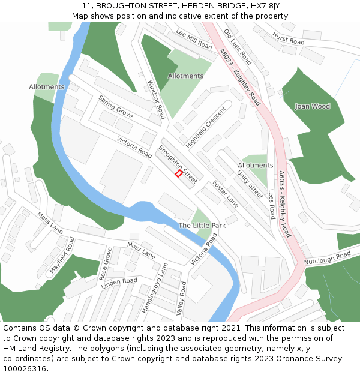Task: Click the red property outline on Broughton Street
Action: pyautogui.click(x=178, y=173)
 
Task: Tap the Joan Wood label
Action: pyautogui.click(x=312, y=106)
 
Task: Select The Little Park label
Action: pyautogui.click(x=202, y=226)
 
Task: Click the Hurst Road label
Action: pyautogui.click(x=288, y=39)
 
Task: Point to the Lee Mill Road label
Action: pyautogui.click(x=194, y=38)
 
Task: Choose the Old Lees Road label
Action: pyautogui.click(x=237, y=46)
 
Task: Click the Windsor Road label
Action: pyautogui.click(x=155, y=99)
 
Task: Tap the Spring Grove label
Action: pyautogui.click(x=116, y=106)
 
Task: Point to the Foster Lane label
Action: pyautogui.click(x=225, y=195)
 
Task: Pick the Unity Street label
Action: pyautogui.click(x=250, y=184)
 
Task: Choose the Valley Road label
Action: pyautogui.click(x=180, y=298)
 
